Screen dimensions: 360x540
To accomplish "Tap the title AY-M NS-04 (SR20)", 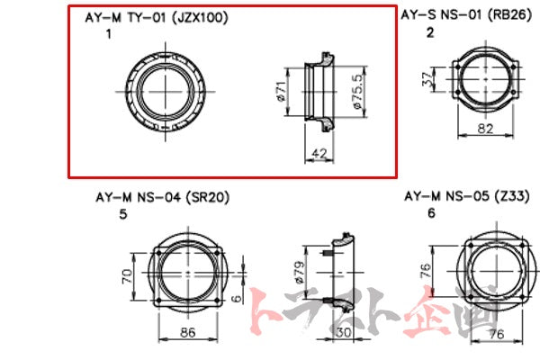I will pyautogui.click(x=160, y=197).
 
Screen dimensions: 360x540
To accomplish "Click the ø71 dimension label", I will pyautogui.click(x=280, y=92).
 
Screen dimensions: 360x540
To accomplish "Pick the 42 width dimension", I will pyautogui.click(x=317, y=153).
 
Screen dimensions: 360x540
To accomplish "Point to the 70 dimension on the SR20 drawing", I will pyautogui.click(x=127, y=271).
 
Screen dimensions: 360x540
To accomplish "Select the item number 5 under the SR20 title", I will pyautogui.click(x=121, y=214).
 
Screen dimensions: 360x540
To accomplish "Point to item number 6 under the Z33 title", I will pyautogui.click(x=432, y=213).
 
